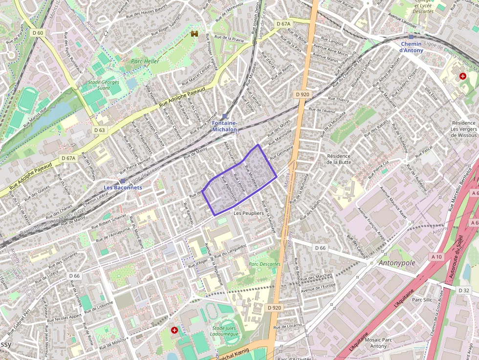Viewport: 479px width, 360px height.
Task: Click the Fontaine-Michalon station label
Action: (224, 127)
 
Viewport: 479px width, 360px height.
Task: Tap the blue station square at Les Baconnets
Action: (122, 181)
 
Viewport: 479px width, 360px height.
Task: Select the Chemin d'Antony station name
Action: (411, 47)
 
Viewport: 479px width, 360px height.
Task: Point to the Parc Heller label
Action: (145, 62)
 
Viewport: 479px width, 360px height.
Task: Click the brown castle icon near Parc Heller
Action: (195, 34)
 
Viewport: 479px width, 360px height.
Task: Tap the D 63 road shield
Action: (99, 130)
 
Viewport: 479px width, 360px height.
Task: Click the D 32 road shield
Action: (464, 290)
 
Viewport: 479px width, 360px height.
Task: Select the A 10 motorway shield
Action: (436, 256)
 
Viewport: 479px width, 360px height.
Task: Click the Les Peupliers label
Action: (248, 213)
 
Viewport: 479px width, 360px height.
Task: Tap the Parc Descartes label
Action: (264, 264)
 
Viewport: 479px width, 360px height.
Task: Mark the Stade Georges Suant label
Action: (104, 85)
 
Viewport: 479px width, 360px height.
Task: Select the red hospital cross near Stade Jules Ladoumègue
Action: (174, 330)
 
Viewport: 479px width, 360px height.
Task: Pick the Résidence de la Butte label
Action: (339, 159)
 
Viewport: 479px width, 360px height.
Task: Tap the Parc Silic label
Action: (422, 299)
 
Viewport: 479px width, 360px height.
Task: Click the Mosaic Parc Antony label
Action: (378, 342)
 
